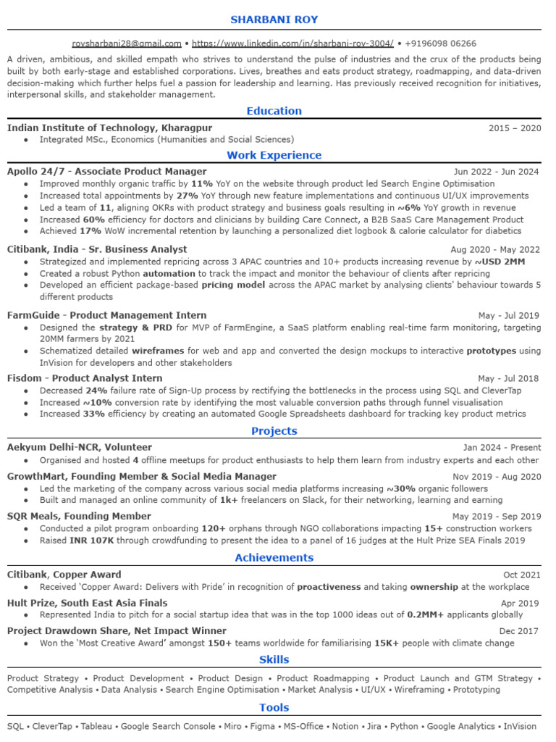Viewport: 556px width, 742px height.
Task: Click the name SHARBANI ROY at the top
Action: point(274,19)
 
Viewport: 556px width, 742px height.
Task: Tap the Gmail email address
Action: point(127,43)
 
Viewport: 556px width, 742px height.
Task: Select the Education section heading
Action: point(274,111)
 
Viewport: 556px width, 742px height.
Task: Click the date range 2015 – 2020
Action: point(515,128)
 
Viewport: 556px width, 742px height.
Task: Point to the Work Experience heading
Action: point(274,155)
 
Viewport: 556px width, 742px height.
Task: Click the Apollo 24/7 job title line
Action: point(106,172)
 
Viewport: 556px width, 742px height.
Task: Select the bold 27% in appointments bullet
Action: point(187,196)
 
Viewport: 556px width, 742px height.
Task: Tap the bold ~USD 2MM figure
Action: point(500,262)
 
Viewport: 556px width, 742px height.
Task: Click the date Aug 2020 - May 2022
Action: point(495,250)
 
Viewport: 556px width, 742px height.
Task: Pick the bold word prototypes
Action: point(491,351)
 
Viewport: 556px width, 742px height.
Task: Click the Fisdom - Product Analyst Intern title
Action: point(85,378)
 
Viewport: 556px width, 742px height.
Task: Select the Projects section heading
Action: point(274,431)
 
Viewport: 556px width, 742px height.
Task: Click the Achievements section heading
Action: point(274,557)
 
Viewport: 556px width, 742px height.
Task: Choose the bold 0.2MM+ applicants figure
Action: point(425,614)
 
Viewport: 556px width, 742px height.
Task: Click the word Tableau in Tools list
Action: point(96,726)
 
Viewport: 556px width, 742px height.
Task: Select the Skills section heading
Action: point(274,659)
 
